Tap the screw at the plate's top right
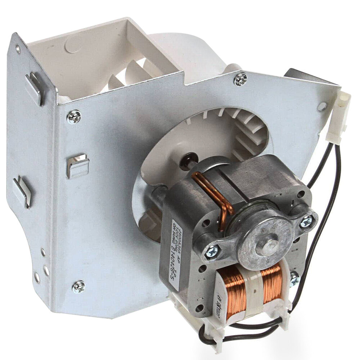(240, 79)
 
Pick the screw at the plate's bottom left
(78, 287)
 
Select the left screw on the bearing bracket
(212, 251)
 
